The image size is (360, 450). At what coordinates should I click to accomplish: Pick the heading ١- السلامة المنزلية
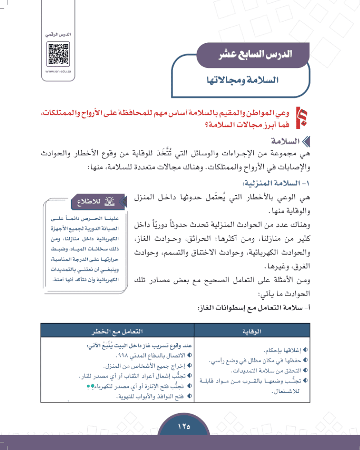coord(281,184)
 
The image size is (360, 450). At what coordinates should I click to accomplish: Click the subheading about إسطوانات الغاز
coord(257,308)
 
